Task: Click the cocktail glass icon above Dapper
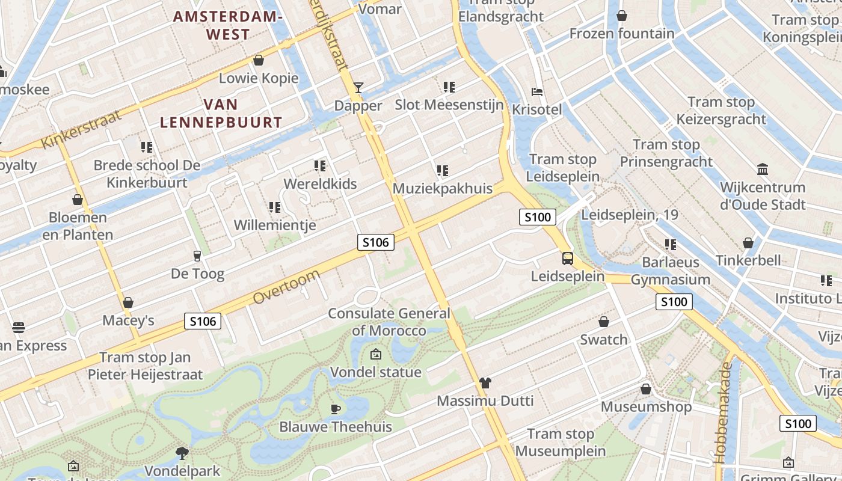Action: [x=358, y=88]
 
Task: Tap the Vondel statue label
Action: [x=376, y=372]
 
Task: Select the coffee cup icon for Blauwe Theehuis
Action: [x=336, y=409]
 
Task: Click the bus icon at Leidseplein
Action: [x=568, y=259]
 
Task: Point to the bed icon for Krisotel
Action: [x=537, y=92]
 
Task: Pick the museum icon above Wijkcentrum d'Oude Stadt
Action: [x=763, y=169]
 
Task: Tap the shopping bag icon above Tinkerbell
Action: [x=748, y=243]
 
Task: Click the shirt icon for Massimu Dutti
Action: [x=485, y=383]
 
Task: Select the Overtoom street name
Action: [x=286, y=287]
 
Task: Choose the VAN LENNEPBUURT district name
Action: [x=221, y=114]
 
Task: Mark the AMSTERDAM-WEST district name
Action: [x=228, y=25]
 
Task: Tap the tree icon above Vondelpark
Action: [x=182, y=453]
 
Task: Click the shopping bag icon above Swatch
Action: [x=604, y=322]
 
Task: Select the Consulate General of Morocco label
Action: [x=389, y=322]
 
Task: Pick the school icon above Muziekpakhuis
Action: [x=443, y=171]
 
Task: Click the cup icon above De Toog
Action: [x=197, y=256]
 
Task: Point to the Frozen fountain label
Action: [x=622, y=34]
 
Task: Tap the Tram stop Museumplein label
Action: [x=561, y=443]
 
